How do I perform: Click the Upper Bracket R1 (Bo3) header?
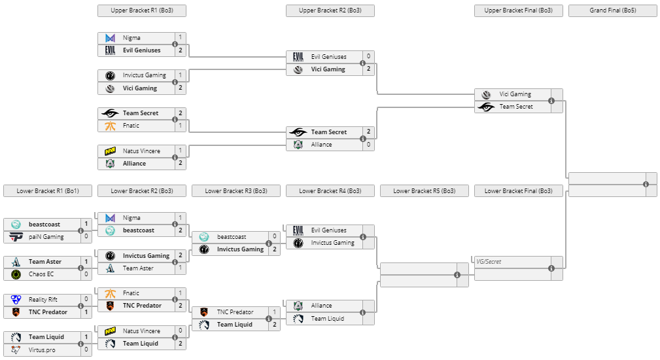click(x=141, y=10)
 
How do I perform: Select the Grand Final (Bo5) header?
click(x=612, y=10)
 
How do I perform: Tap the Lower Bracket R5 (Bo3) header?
click(x=424, y=191)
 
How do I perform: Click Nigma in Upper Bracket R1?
click(x=131, y=38)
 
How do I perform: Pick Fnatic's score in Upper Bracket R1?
click(x=181, y=126)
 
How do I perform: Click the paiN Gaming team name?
click(x=45, y=237)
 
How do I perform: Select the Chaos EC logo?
click(x=16, y=274)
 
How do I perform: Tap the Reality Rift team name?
click(x=43, y=300)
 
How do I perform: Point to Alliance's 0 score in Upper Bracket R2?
click(x=369, y=145)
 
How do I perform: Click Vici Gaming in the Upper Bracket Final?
click(x=515, y=94)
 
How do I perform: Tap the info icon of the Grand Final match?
click(x=646, y=184)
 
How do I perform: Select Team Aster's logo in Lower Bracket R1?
click(x=16, y=262)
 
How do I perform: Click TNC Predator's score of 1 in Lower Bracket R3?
click(x=275, y=312)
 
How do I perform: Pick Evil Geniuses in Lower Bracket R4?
click(x=329, y=230)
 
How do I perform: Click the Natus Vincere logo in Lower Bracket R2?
click(x=111, y=331)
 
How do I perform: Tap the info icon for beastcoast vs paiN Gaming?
click(x=80, y=230)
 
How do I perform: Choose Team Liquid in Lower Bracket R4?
click(x=327, y=319)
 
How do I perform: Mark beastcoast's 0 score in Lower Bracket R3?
click(x=275, y=237)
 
